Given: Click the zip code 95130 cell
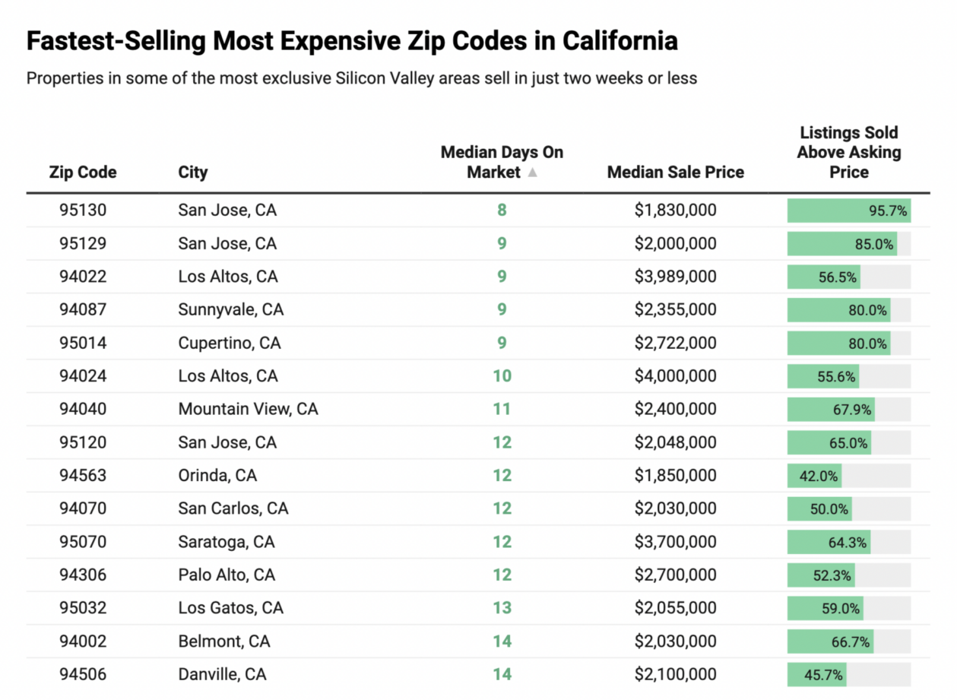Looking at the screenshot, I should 83,211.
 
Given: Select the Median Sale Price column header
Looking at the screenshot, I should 675,173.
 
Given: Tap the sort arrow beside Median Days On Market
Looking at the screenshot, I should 533,173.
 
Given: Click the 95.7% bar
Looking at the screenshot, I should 848,211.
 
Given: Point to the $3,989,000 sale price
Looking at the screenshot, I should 675,277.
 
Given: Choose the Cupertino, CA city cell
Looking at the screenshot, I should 229,343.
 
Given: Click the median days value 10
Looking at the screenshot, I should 502,376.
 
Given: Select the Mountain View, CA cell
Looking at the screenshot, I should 248,409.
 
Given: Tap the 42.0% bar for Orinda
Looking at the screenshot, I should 814,476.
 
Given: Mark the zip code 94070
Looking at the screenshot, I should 83,508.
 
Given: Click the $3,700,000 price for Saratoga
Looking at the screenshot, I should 675,542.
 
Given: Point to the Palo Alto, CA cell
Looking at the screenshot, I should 227,575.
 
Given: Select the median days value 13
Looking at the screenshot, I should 502,608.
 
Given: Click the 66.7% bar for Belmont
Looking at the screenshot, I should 830,641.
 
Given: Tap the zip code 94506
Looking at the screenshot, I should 83,674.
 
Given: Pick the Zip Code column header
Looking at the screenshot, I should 83,173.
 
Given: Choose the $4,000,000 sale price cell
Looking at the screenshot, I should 675,376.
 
